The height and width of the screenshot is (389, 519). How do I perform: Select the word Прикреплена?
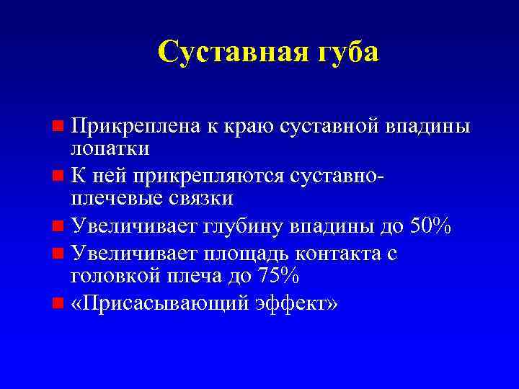tap(133, 127)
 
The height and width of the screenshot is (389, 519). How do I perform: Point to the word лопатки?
tap(110, 148)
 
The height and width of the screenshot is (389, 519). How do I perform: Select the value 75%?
tap(280, 275)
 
